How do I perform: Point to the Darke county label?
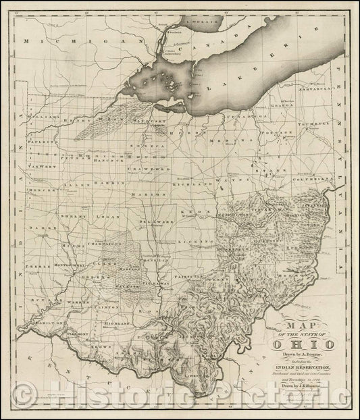pos(41,228)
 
